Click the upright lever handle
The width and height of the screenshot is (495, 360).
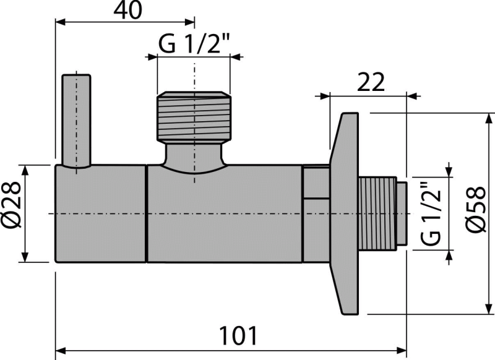pyautogui.click(x=76, y=121)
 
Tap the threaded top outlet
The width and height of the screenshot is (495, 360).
pyautogui.click(x=195, y=116)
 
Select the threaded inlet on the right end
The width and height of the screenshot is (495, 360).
pyautogui.click(x=382, y=213)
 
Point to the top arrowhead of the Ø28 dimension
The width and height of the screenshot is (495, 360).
pyautogui.click(x=24, y=168)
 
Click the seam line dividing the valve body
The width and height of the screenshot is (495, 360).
pyautogui.click(x=147, y=213)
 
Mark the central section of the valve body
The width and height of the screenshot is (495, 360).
pyautogui.click(x=226, y=213)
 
